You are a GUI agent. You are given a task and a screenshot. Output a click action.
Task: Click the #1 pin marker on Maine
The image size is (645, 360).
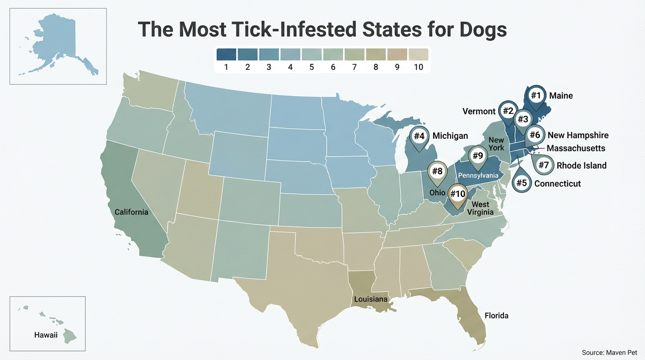536,96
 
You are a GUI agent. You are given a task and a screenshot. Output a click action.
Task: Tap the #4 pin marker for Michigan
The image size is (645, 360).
419,136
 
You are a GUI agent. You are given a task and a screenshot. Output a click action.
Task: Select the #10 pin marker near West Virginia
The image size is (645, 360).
458,194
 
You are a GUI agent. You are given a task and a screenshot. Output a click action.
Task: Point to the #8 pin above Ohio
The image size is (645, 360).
437,172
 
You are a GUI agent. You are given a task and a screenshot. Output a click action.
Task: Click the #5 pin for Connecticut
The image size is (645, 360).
522,183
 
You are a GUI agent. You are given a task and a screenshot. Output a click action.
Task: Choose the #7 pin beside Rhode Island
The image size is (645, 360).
543,165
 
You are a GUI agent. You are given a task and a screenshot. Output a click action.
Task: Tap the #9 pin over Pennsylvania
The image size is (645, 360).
477,156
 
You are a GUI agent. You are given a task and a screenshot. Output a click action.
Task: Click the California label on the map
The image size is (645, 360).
131,212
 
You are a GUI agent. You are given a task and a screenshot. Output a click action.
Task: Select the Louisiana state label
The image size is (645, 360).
370,299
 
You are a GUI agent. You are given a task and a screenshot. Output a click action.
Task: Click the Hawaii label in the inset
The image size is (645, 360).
45,335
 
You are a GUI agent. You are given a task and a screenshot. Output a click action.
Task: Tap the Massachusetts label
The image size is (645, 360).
576,148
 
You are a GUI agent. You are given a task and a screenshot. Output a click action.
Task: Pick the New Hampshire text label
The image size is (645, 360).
578,135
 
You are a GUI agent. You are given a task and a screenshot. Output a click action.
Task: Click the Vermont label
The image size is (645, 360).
479,111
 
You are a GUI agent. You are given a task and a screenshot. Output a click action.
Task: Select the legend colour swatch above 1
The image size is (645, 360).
226,54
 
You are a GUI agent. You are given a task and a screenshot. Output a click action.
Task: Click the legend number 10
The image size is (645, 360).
418,67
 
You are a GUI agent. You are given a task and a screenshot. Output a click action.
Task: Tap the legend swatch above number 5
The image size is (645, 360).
311,54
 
